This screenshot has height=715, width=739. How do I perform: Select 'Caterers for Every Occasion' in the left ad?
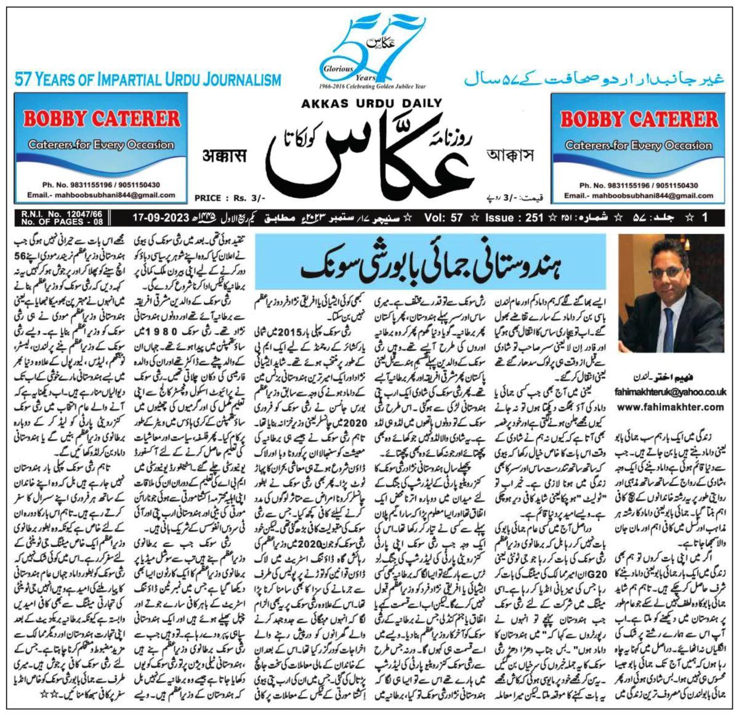point(92,145)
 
